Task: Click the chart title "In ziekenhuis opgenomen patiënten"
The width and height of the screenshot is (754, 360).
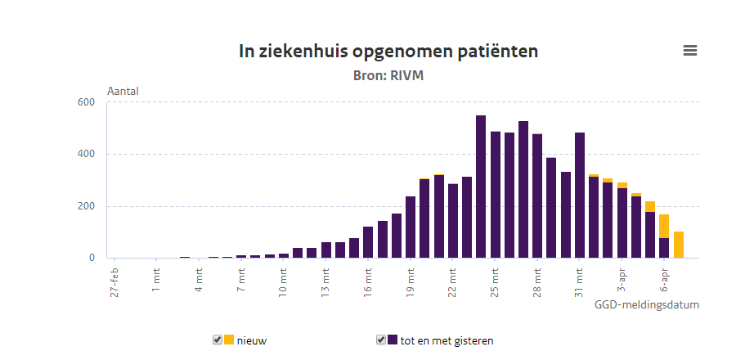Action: click(388, 52)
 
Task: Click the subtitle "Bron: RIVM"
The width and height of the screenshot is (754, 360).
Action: click(388, 75)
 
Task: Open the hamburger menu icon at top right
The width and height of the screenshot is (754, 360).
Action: click(690, 51)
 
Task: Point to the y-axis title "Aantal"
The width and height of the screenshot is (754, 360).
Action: click(123, 91)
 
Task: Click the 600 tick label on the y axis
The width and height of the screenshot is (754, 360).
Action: click(87, 102)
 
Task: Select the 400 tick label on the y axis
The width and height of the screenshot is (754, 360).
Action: click(87, 154)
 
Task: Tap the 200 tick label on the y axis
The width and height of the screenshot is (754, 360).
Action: click(87, 206)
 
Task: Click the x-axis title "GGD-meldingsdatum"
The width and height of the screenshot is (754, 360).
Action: click(647, 304)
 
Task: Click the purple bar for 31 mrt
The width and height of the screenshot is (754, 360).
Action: click(580, 196)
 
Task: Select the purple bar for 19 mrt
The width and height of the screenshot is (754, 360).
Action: click(411, 227)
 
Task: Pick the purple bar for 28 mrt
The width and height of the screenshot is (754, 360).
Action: click(537, 196)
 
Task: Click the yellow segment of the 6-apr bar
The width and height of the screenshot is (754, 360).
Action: click(664, 226)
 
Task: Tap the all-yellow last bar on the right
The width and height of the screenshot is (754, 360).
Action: click(679, 245)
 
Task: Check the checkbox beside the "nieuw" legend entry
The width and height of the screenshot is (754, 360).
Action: click(218, 340)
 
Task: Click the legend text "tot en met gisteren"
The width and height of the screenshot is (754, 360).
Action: click(447, 340)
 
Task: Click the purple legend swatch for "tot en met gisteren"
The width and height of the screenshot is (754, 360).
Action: click(393, 340)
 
